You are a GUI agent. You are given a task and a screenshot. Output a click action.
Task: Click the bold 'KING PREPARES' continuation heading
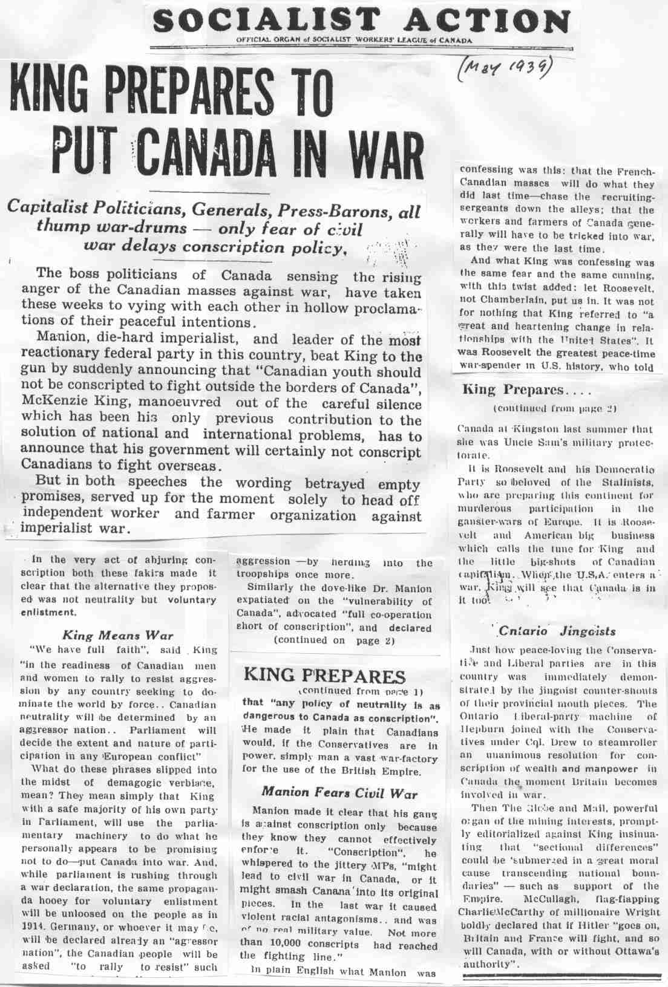click(324, 676)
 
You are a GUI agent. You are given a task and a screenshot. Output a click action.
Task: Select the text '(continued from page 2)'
click(555, 408)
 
